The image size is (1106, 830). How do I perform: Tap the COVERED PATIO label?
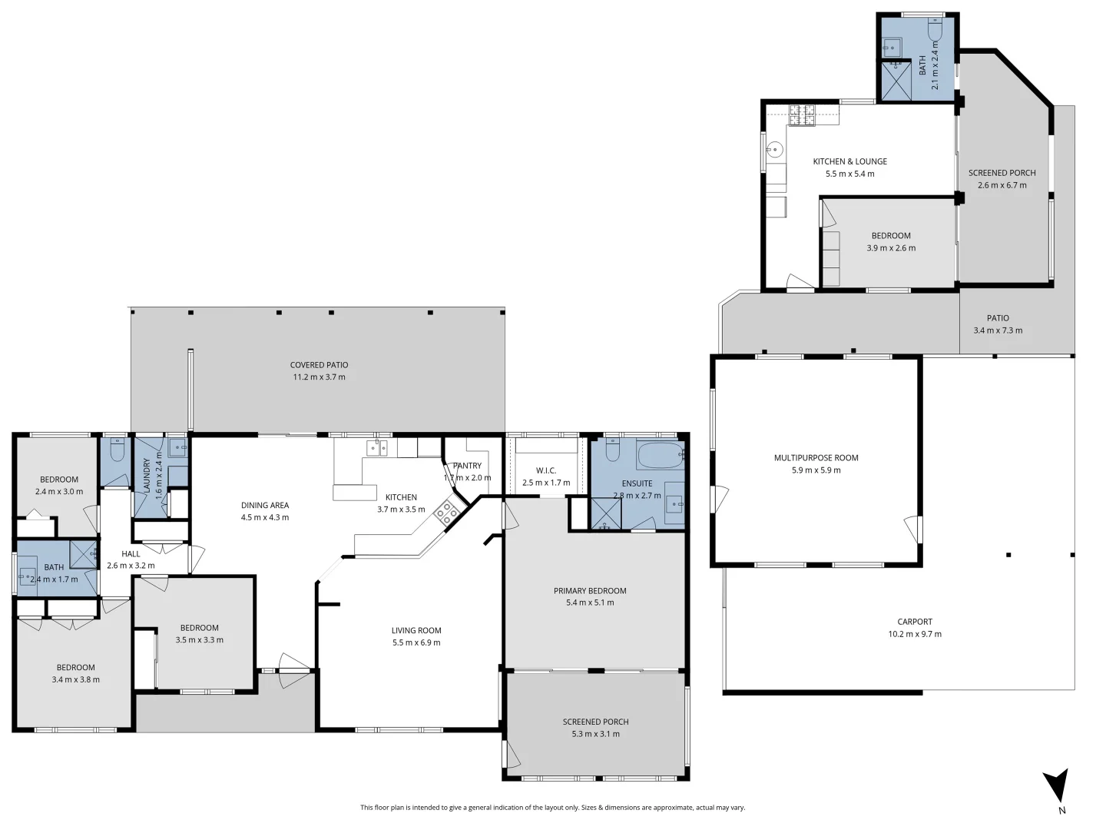coord(319,365)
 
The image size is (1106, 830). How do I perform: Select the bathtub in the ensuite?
coord(659,456)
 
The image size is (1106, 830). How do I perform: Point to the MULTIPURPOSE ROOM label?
coord(816,458)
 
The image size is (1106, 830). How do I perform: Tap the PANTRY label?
coord(467,466)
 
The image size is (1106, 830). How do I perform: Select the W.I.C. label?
coord(545,470)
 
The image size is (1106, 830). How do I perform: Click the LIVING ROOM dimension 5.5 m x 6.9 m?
coord(416,642)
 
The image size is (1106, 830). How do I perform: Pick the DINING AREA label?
coord(265,505)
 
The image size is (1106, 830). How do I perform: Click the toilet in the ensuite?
coord(612,450)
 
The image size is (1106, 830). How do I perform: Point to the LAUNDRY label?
coord(147,475)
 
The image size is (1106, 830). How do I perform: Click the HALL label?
coord(131,553)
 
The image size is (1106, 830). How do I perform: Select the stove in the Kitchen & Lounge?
coord(802,115)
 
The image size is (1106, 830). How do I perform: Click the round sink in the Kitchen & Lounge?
coord(776,150)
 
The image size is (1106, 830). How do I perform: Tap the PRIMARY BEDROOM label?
coord(590,591)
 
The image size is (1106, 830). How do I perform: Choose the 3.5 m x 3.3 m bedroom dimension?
coord(199,639)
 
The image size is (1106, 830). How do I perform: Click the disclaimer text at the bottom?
coord(552,808)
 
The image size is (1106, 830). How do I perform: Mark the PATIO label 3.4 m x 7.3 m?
coord(998,318)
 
